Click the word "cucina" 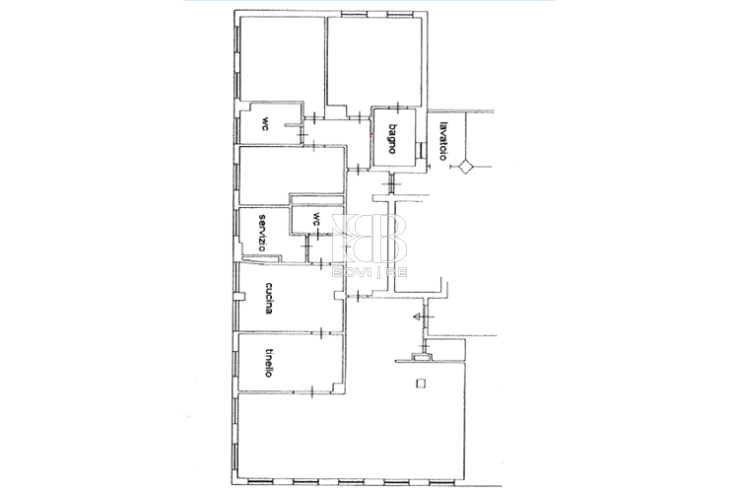pyautogui.click(x=269, y=298)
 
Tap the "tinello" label pyautogui.click(x=269, y=362)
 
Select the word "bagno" pyautogui.click(x=391, y=139)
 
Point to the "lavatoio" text pyautogui.click(x=442, y=142)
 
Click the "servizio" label pyautogui.click(x=262, y=233)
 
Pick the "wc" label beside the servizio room pyautogui.click(x=316, y=218)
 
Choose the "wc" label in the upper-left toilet pyautogui.click(x=266, y=123)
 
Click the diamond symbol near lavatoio pyautogui.click(x=466, y=167)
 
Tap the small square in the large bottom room pyautogui.click(x=421, y=384)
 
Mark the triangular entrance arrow pyautogui.click(x=417, y=317)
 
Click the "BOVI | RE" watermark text pyautogui.click(x=369, y=272)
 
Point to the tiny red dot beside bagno pyautogui.click(x=371, y=134)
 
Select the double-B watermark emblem pyautogui.click(x=369, y=239)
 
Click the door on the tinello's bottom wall pyautogui.click(x=313, y=391)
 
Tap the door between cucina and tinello pyautogui.click(x=322, y=332)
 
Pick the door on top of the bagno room pyautogui.click(x=399, y=108)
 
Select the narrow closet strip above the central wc pyautogui.click(x=317, y=200)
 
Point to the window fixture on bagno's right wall pyautogui.click(x=421, y=150)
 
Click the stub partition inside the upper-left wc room pyautogui.click(x=293, y=125)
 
